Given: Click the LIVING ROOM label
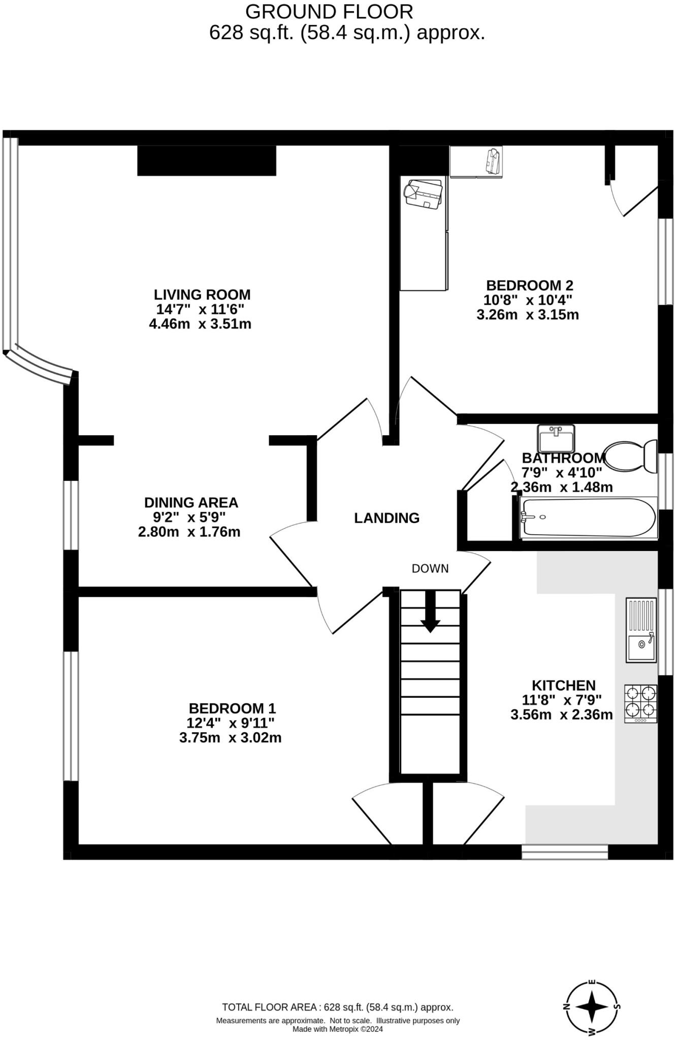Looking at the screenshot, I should click(202, 295).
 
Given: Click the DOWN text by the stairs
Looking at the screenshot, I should click(430, 569).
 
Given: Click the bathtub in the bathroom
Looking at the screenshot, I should click(588, 517).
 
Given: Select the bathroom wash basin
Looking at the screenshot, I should click(556, 438).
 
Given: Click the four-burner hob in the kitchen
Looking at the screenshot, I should click(640, 703).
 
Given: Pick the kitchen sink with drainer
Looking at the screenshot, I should click(641, 630).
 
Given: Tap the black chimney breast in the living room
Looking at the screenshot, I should click(206, 160).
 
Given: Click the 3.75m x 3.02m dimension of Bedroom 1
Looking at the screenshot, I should click(230, 738).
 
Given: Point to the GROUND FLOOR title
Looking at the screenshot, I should click(329, 11).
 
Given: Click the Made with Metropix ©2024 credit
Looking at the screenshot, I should click(337, 1029).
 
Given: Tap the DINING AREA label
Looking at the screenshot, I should click(191, 503).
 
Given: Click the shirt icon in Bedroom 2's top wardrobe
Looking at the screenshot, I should click(492, 161).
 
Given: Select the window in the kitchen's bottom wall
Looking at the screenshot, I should click(565, 852).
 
